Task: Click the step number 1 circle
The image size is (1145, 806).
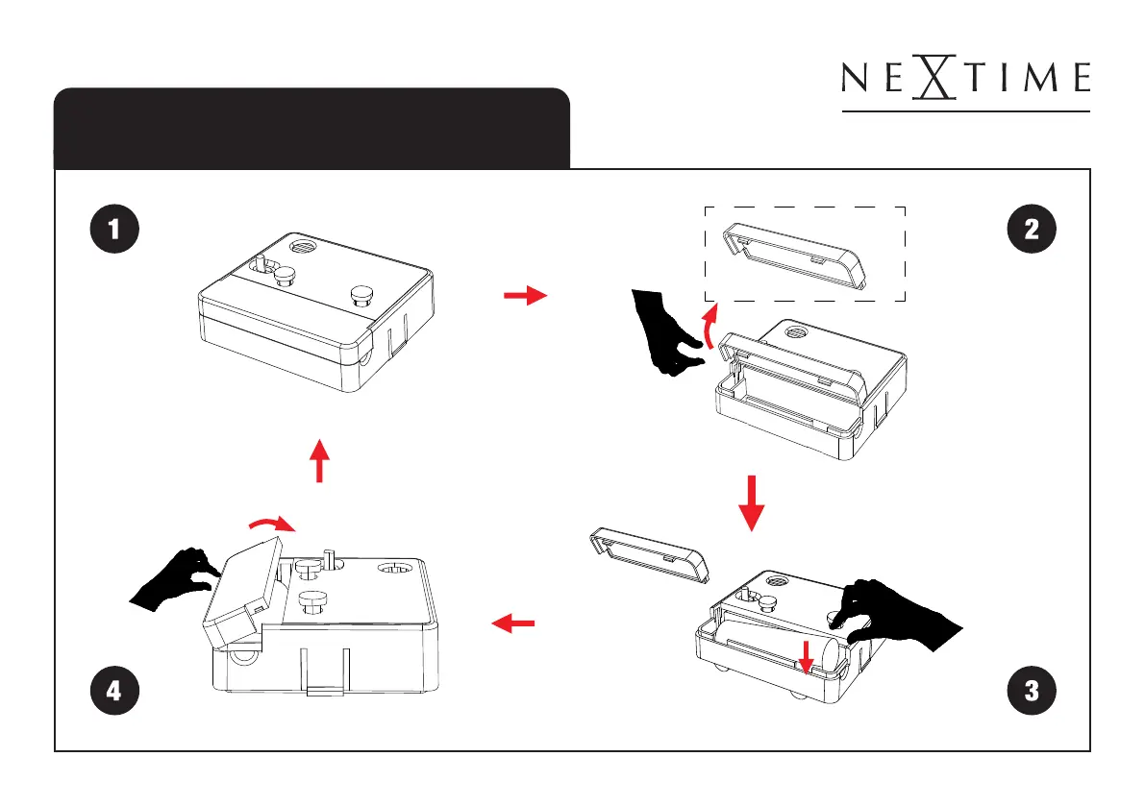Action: click(x=114, y=229)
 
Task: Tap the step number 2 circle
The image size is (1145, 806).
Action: click(x=1032, y=229)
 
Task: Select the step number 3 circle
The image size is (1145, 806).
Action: click(x=1032, y=690)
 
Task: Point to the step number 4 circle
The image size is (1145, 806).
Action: click(x=114, y=690)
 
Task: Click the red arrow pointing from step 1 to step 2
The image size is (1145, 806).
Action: click(x=526, y=296)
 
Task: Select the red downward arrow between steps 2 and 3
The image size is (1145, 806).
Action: click(x=752, y=503)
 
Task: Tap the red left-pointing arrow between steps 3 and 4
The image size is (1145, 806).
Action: click(x=512, y=623)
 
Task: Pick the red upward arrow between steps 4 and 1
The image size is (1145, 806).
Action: click(x=319, y=460)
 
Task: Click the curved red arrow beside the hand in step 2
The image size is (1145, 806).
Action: click(x=707, y=327)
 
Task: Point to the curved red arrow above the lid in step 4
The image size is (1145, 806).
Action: click(x=272, y=523)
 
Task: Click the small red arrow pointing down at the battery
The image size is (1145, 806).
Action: click(x=807, y=656)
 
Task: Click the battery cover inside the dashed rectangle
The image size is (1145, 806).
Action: click(x=794, y=256)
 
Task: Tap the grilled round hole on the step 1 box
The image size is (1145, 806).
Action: click(x=302, y=247)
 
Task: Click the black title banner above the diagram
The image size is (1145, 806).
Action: click(x=311, y=129)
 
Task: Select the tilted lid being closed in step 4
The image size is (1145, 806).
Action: click(x=241, y=593)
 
